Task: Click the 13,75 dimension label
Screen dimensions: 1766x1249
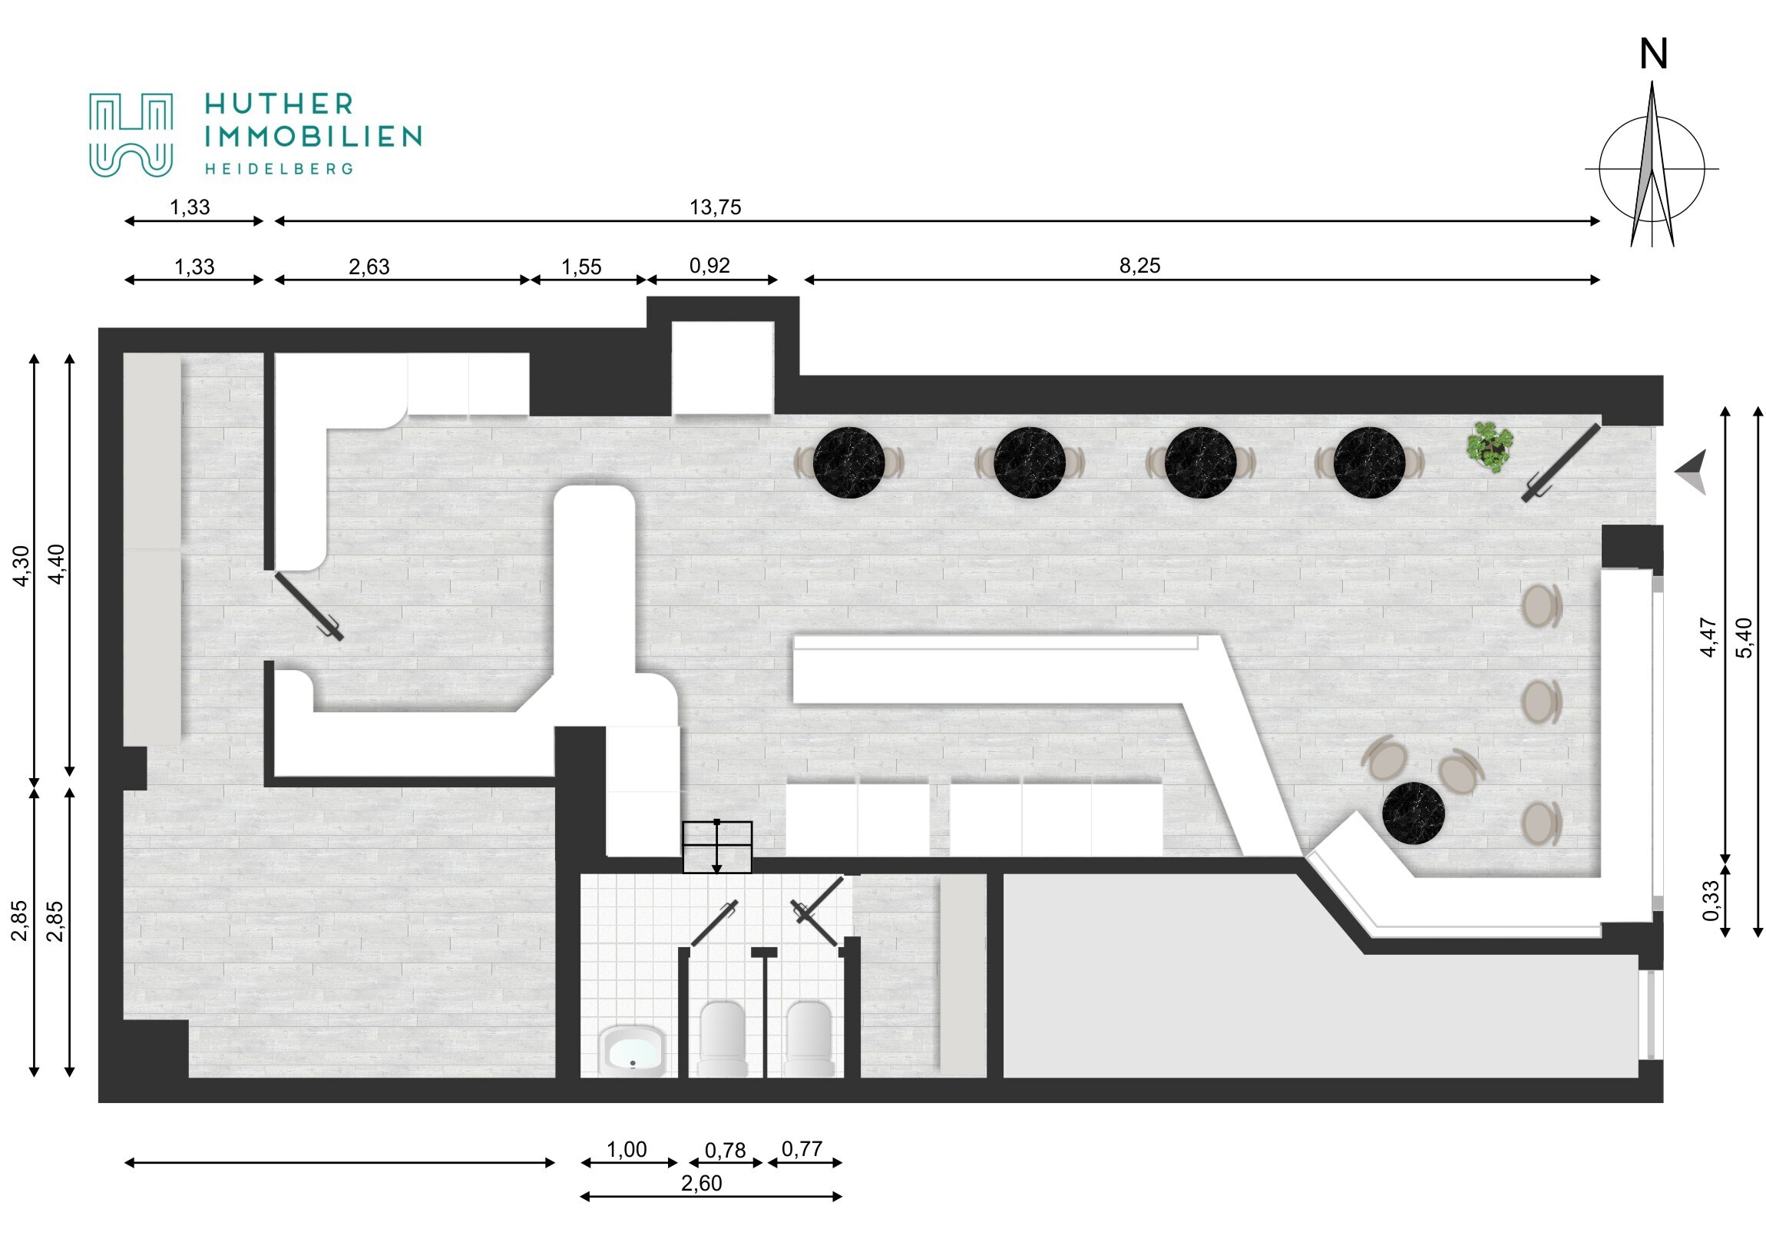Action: (715, 207)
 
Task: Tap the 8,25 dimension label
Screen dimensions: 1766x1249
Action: (1139, 266)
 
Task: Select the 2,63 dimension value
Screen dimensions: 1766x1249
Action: (369, 267)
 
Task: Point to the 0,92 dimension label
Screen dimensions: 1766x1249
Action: (709, 266)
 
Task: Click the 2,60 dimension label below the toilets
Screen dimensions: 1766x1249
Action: (702, 1183)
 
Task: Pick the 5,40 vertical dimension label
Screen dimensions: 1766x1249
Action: (1745, 638)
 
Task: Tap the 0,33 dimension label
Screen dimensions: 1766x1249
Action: (1710, 900)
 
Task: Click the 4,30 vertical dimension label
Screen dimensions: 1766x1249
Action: (21, 565)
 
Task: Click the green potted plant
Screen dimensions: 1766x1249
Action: (1490, 446)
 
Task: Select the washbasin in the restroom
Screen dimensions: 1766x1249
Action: (632, 1051)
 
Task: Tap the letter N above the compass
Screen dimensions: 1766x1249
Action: (1653, 55)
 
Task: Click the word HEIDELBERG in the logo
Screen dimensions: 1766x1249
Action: (279, 168)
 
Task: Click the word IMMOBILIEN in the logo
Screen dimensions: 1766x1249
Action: (313, 137)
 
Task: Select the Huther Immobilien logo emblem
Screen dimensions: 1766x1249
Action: (131, 134)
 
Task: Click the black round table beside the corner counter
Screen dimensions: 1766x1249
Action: (1414, 813)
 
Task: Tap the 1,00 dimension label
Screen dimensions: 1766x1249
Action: (627, 1150)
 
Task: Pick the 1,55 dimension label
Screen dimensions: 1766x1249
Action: (581, 267)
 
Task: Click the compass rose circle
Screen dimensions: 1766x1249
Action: (1652, 169)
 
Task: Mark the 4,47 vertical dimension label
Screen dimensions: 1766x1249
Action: (1708, 638)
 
